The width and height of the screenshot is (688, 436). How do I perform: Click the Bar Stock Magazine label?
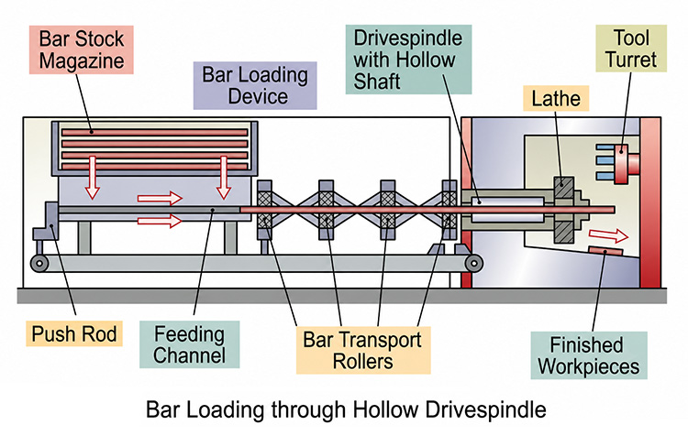[x=81, y=49]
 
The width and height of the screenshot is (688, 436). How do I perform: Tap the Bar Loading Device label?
[x=255, y=85]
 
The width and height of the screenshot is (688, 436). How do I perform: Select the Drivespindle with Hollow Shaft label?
[x=408, y=60]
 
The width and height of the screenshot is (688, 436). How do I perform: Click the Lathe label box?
[x=556, y=98]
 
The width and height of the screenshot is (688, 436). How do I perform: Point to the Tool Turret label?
[x=631, y=49]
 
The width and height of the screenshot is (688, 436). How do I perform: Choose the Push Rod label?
[x=74, y=334]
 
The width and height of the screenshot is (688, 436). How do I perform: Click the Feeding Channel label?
[x=190, y=344]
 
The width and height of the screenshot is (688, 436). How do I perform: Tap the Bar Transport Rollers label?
[x=363, y=351]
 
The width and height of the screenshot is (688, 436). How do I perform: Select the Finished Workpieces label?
[x=589, y=355]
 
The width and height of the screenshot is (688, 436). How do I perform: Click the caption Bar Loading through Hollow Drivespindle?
[x=346, y=409]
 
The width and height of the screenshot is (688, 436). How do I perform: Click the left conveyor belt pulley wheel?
[x=39, y=264]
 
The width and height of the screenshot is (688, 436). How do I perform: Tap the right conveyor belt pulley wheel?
[x=474, y=264]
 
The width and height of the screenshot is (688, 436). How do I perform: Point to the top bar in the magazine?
[x=155, y=132]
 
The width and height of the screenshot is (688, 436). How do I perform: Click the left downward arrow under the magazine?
[x=92, y=178]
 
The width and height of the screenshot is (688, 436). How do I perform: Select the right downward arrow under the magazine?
[x=224, y=178]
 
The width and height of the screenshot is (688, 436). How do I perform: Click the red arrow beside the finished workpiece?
[x=608, y=235]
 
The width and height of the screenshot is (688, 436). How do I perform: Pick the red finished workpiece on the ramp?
[x=605, y=251]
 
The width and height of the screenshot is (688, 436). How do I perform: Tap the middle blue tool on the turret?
[x=606, y=161]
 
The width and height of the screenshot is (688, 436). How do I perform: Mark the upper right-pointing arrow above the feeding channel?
[x=160, y=199]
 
